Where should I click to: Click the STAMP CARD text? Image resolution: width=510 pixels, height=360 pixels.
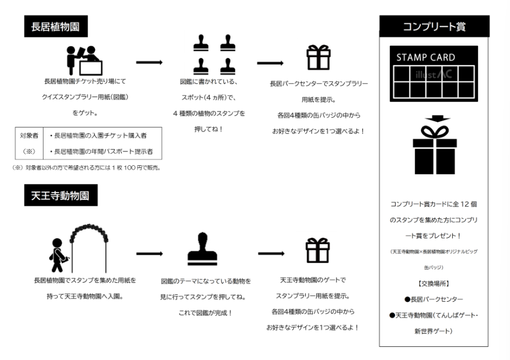(426, 58)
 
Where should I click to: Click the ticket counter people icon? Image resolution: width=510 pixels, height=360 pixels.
(83, 60)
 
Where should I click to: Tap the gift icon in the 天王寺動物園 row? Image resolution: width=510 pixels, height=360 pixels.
(318, 250)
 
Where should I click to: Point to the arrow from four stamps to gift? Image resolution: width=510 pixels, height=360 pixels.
(270, 63)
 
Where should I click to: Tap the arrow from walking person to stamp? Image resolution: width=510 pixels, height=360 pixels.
(149, 253)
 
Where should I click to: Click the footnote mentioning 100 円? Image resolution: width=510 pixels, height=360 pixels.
(86, 167)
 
